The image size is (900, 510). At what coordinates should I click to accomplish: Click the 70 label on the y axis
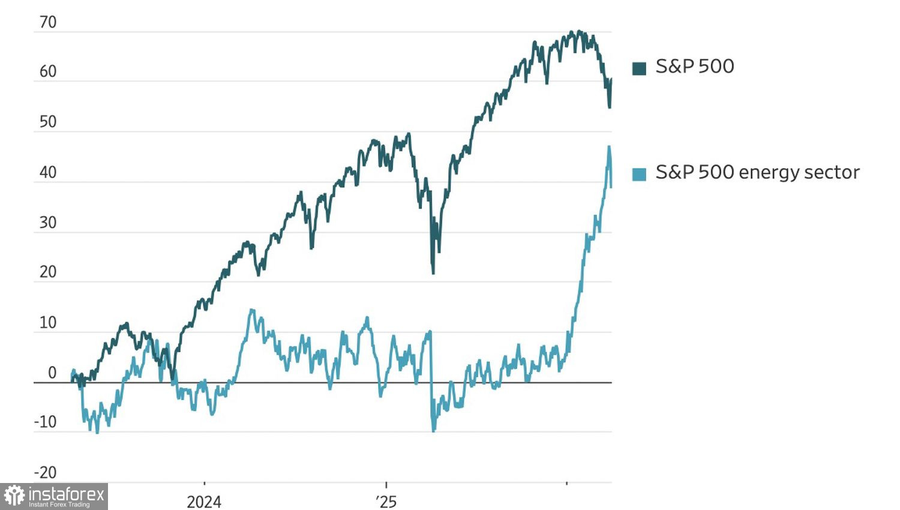47,23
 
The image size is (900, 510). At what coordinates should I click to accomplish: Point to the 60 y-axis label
47,72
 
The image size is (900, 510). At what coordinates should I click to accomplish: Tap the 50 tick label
47,122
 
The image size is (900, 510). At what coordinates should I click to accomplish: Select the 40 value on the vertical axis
47,173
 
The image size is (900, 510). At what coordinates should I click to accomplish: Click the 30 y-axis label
47,223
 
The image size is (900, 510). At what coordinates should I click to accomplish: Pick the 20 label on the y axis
47,272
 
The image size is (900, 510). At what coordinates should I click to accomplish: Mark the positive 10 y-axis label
47,323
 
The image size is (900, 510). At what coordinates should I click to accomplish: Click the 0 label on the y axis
52,373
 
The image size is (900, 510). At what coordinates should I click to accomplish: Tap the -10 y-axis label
45,422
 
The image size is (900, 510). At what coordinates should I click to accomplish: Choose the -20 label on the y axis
45,473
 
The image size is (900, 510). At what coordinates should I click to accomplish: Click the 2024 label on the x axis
204,502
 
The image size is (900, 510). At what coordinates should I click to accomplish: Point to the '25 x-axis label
386,502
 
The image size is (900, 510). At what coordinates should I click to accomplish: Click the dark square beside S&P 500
639,68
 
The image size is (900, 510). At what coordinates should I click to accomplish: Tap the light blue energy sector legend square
639,174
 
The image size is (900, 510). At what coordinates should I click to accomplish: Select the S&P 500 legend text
695,67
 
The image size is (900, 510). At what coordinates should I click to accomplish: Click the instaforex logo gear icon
14,496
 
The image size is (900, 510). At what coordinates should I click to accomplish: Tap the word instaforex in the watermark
66,494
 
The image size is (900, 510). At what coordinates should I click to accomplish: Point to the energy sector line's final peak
609,147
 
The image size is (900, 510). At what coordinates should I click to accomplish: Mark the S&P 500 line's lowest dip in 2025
433,272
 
